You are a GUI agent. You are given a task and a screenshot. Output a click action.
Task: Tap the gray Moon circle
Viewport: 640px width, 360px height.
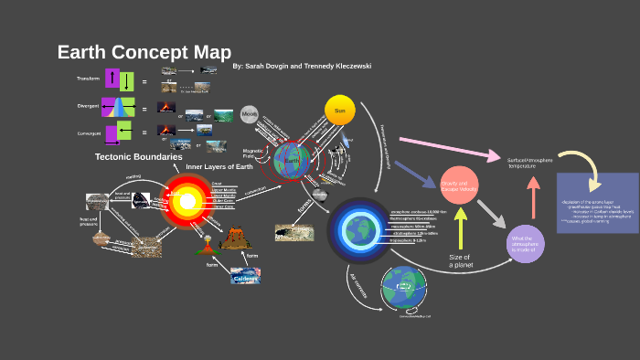(x=250, y=114)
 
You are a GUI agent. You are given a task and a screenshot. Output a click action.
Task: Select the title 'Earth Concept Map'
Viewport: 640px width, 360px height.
(x=144, y=52)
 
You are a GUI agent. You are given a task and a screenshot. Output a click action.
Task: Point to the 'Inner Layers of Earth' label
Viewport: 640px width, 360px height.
(x=219, y=167)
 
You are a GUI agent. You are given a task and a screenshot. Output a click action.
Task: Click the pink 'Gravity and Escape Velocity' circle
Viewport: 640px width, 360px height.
(x=460, y=187)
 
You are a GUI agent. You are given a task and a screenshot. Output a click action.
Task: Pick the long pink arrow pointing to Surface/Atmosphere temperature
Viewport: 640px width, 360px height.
(x=448, y=147)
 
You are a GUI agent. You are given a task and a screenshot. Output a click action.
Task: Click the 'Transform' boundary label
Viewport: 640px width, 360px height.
(x=89, y=79)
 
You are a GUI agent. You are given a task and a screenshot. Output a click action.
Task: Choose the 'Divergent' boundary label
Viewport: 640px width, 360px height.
(x=89, y=107)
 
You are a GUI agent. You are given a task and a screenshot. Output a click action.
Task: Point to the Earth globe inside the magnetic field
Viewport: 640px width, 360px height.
(x=293, y=160)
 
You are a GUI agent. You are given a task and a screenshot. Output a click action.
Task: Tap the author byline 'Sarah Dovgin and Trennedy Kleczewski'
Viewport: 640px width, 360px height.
(x=302, y=67)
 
